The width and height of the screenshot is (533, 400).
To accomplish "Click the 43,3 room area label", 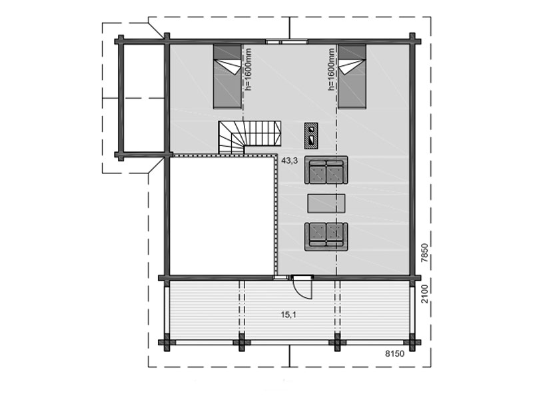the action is (289, 161).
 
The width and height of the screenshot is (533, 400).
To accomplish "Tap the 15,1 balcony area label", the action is (288, 315).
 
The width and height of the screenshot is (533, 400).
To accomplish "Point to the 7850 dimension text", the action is (424, 253).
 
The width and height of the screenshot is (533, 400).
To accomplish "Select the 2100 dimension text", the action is (424, 294).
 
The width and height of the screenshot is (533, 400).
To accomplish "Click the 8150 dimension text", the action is (394, 354).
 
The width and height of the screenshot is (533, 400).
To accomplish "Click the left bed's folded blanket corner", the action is (227, 66).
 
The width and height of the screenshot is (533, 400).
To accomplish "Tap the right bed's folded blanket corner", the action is (352, 66).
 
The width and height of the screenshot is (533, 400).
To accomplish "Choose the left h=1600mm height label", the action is (249, 69).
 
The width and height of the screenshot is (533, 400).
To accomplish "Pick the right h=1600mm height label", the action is (330, 69).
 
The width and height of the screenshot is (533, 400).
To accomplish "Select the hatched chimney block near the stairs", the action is (311, 135).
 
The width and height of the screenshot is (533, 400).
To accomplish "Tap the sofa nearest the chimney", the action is (326, 170).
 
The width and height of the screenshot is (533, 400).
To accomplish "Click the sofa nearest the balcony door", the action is (326, 237).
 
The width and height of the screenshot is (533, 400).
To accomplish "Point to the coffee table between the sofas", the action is (326, 203).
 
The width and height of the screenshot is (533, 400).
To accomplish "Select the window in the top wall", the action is (286, 42).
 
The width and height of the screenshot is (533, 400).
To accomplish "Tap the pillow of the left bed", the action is (227, 52).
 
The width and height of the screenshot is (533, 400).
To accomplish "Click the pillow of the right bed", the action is (352, 52).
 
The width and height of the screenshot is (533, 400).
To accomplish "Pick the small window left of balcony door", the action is (281, 278).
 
